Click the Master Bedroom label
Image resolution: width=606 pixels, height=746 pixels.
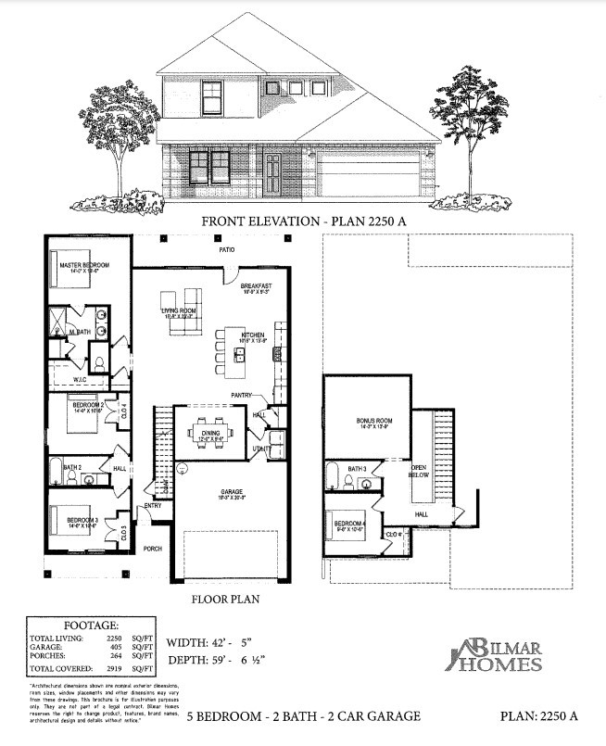[x=83, y=265]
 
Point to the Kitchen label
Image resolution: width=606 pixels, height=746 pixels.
[x=254, y=335]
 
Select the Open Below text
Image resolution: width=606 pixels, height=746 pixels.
[x=422, y=470]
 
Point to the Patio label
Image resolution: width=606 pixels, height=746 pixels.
[x=226, y=250]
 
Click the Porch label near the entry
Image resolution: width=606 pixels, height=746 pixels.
[x=152, y=549]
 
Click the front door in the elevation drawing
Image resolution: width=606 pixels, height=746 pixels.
[x=272, y=174]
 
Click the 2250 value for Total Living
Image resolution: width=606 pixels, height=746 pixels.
[x=115, y=639]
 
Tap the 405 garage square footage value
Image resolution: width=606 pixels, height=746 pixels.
[x=116, y=648]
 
